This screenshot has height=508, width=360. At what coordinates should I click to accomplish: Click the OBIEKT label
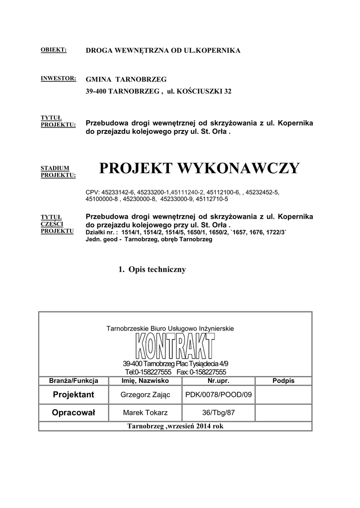click(x=53, y=50)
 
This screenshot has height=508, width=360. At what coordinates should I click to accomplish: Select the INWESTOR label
click(x=58, y=78)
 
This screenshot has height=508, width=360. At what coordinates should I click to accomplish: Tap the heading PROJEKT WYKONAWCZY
click(x=200, y=169)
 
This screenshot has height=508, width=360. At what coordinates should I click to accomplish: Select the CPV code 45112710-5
click(x=212, y=199)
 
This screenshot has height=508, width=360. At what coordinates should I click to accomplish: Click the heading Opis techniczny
click(x=152, y=269)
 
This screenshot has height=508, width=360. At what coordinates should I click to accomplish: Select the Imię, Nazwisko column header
click(x=145, y=381)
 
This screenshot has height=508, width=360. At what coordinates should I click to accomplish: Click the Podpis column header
click(x=284, y=381)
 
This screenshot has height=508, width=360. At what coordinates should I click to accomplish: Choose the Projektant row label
click(x=73, y=395)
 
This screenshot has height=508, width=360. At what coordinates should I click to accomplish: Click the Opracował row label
click(x=73, y=413)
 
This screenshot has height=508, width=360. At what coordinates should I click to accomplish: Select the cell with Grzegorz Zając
click(x=145, y=395)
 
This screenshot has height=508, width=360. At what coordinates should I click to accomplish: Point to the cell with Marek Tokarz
click(x=145, y=413)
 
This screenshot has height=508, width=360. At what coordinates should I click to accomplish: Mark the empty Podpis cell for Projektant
click(x=284, y=395)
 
